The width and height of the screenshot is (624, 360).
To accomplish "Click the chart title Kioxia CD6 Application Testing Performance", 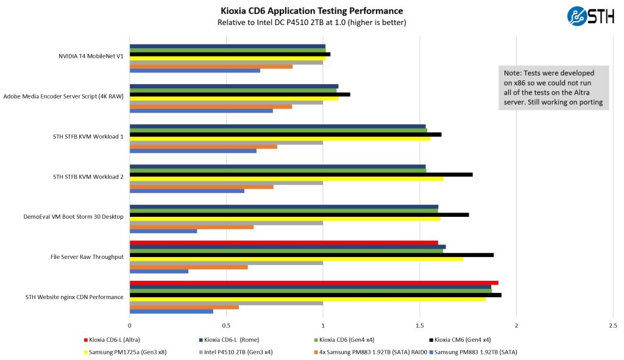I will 311,10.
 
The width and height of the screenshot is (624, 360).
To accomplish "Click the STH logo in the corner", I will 586,16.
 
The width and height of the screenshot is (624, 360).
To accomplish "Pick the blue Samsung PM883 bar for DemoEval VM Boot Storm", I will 163,231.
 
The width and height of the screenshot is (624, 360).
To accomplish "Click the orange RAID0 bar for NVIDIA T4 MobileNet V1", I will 211,66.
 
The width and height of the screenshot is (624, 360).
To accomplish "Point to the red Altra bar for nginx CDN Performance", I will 314,283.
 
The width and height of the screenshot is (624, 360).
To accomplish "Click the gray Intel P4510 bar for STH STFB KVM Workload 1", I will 226,142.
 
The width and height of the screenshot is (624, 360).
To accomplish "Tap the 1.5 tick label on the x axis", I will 419,326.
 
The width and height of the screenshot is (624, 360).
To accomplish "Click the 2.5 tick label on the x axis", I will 612,326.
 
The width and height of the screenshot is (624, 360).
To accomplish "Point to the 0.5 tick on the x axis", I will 226,326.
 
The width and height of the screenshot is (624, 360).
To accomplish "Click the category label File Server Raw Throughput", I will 87,256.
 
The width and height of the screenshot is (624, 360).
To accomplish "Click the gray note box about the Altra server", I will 553,88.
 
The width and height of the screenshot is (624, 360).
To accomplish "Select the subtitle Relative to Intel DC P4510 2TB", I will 311,23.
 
